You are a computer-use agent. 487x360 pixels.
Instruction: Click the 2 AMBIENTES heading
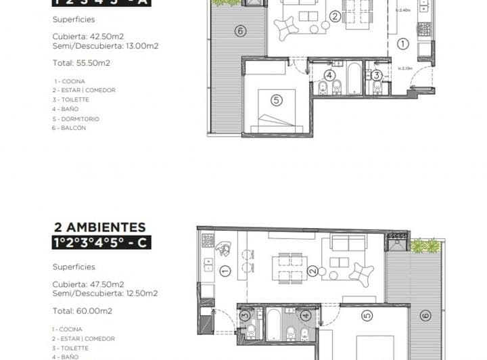pyautogui.click(x=99, y=227)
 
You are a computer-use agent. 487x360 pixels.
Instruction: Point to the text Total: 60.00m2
pyautogui.click(x=82, y=311)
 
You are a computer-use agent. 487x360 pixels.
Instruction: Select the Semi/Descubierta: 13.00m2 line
pyautogui.click(x=105, y=46)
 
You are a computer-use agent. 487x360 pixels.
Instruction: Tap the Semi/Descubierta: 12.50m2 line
pyautogui.click(x=105, y=293)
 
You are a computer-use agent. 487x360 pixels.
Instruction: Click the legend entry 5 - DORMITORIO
pyautogui.click(x=76, y=118)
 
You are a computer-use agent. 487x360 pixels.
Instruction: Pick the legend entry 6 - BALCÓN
pyautogui.click(x=69, y=128)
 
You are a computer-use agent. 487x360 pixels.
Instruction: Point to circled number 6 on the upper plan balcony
pyautogui.click(x=239, y=30)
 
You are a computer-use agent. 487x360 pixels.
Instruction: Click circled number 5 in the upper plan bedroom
pyautogui.click(x=276, y=100)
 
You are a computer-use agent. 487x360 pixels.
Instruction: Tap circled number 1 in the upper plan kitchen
pyautogui.click(x=403, y=44)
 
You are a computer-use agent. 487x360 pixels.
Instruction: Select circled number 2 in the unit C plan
pyautogui.click(x=312, y=272)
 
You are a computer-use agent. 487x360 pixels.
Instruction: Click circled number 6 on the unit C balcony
pyautogui.click(x=425, y=315)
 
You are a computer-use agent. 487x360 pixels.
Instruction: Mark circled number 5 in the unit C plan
pyautogui.click(x=367, y=315)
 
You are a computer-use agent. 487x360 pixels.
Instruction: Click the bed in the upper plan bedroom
pyautogui.click(x=277, y=112)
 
